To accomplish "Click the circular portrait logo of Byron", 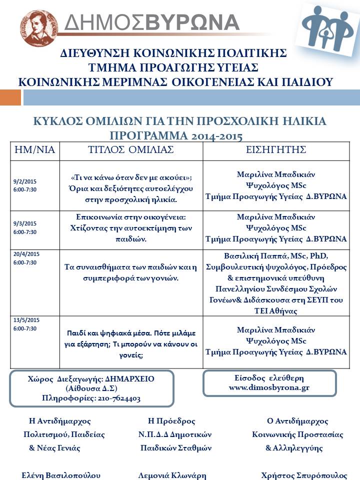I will pos(38,28).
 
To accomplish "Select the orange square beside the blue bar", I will pos(10,97).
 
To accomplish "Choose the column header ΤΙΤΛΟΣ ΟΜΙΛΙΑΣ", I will pos(131,150).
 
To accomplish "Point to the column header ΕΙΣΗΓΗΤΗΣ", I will pos(276,150).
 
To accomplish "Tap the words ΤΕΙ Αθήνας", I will pos(276,311).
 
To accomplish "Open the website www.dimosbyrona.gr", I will pos(269,387).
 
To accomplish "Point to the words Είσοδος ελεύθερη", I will pos(269,377).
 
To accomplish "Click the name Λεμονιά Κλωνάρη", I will pos(172,475).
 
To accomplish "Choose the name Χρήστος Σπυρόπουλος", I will pos(304,475).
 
